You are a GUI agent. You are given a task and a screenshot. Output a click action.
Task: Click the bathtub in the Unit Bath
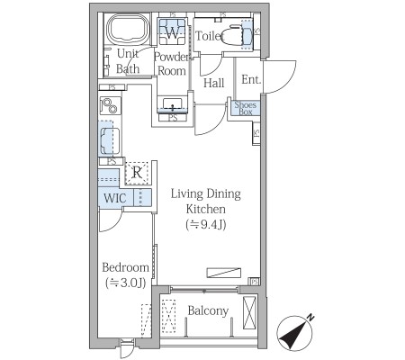tap(129, 30)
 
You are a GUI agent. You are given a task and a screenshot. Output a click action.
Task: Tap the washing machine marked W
tap(172, 32)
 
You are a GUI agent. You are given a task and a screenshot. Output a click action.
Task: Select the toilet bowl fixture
tap(238, 34)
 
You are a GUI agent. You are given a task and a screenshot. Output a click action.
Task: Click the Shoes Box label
tap(245, 108)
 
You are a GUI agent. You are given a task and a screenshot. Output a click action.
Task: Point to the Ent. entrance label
tap(251, 79)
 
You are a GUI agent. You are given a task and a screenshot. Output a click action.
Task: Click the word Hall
tap(213, 83)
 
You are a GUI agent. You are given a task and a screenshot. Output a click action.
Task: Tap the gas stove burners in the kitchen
tap(110, 105)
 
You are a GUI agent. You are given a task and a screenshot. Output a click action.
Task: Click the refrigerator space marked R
tap(137, 173)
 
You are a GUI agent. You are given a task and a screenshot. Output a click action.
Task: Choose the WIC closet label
tap(114, 198)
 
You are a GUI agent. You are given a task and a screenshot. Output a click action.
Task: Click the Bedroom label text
tap(125, 267)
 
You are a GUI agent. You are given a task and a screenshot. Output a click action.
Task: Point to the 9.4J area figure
tap(206, 225)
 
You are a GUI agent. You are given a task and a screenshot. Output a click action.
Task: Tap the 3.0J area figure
tap(125, 283)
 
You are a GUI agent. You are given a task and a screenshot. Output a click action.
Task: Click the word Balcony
tap(208, 311)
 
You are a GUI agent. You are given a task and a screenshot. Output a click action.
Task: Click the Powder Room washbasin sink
tap(173, 104)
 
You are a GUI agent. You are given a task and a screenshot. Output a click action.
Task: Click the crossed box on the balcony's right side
tap(249, 312)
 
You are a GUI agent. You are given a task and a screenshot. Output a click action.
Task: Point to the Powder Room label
tap(172, 64)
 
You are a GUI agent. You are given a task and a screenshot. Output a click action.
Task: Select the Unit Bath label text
tap(128, 61)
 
